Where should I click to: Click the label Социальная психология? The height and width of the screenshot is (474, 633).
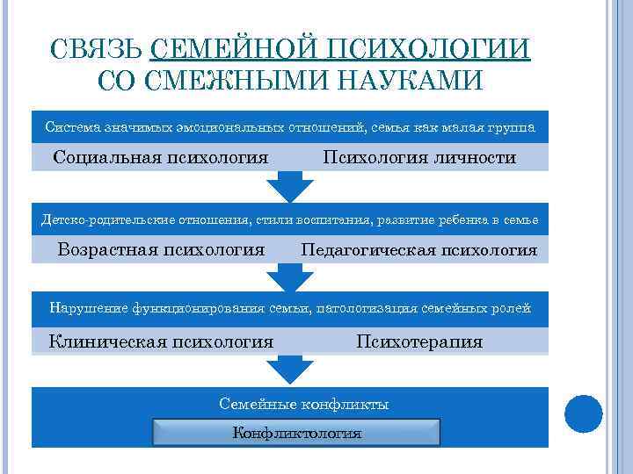pyautogui.click(x=160, y=158)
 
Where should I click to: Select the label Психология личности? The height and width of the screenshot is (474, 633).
pyautogui.click(x=419, y=158)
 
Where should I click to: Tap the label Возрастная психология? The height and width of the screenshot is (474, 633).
pyautogui.click(x=161, y=249)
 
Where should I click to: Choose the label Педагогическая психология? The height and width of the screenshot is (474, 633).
pyautogui.click(x=418, y=250)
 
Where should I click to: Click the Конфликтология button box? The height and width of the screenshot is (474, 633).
pyautogui.click(x=297, y=432)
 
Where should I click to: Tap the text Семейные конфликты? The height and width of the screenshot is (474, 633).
pyautogui.click(x=303, y=405)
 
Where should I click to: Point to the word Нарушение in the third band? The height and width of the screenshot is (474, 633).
pyautogui.click(x=88, y=308)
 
